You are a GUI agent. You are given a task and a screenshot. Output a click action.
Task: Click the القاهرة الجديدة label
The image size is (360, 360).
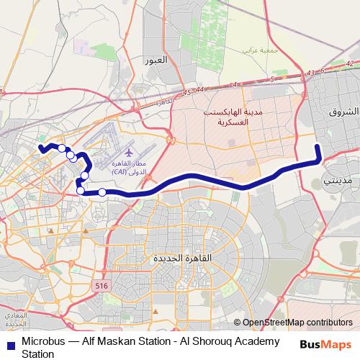pyautogui.click(x=179, y=258)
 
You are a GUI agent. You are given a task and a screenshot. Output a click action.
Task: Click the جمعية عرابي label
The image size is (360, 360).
pyautogui.click(x=258, y=50)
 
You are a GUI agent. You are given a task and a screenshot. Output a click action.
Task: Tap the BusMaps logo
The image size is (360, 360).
pyautogui.click(x=325, y=344)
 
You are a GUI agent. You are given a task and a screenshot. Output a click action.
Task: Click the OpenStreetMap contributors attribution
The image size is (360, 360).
pyautogui.click(x=298, y=323)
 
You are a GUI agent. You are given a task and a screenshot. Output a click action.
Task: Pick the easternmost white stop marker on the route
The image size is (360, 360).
pyautogui.click(x=102, y=192)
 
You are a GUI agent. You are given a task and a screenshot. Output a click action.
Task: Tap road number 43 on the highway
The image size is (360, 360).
pyautogui.click(x=310, y=73)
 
